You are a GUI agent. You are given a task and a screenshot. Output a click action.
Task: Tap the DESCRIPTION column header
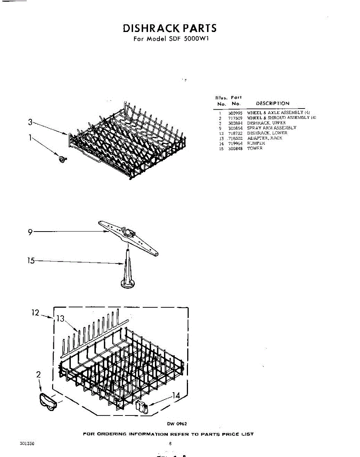pyautogui.click(x=272, y=103)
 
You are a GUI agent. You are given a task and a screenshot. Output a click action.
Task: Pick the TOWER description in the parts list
pyautogui.click(x=255, y=148)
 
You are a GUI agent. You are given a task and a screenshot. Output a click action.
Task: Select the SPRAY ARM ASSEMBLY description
pyautogui.click(x=271, y=128)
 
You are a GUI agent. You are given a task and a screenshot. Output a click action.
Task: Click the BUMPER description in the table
pyautogui.click(x=256, y=143)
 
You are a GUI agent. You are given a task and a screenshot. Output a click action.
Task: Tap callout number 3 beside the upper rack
pyautogui.click(x=30, y=122)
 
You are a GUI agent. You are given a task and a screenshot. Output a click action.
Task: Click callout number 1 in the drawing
pyautogui.click(x=30, y=137)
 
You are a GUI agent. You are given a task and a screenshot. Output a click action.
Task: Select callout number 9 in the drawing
pyautogui.click(x=30, y=232)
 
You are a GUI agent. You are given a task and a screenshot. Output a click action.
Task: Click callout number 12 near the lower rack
pyautogui.click(x=35, y=313)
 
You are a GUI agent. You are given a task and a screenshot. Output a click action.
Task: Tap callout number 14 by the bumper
pyautogui.click(x=176, y=396)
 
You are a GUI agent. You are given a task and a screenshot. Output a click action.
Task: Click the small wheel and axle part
pyautogui.click(x=62, y=159)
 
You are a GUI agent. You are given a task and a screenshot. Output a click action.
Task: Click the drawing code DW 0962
pyautogui.click(x=177, y=424)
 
